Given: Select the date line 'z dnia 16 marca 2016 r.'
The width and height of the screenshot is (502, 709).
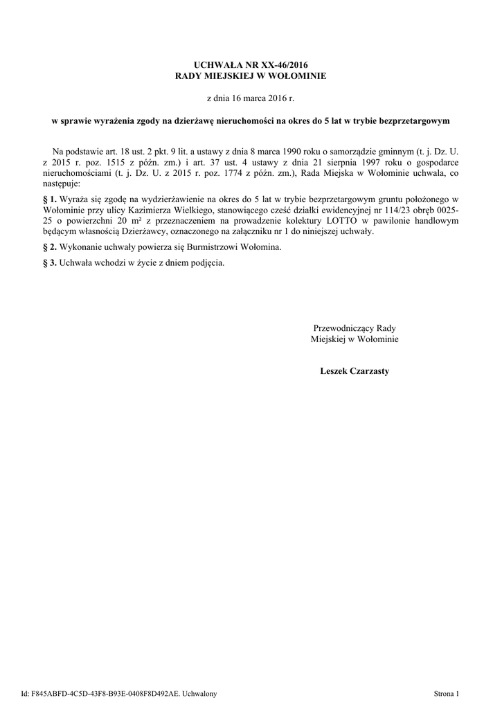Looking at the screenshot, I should [x=251, y=99].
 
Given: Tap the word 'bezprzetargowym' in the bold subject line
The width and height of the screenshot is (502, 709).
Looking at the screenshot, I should [x=414, y=120].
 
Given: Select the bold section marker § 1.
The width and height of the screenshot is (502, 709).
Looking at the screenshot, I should [x=49, y=199].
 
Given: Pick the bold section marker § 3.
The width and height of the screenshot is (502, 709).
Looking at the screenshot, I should [x=49, y=263].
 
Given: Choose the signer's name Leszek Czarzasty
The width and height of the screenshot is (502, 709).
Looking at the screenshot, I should [x=355, y=371].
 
